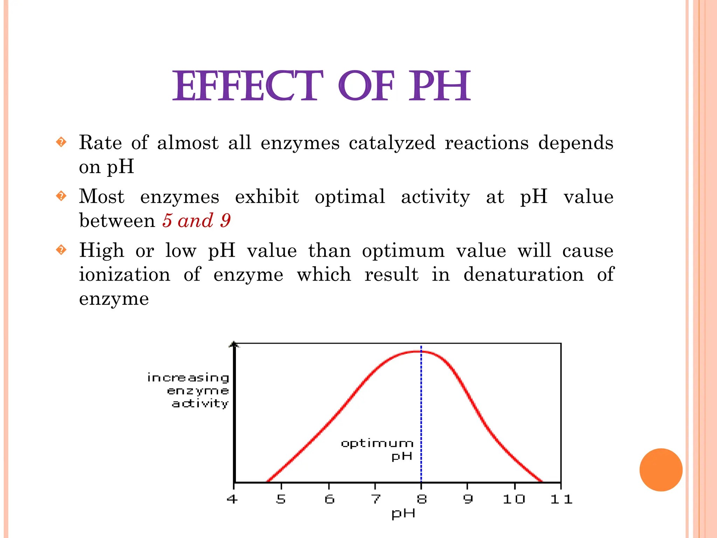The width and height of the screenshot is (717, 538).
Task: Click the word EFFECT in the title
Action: point(248,86)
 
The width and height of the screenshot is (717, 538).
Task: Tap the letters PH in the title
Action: point(440,86)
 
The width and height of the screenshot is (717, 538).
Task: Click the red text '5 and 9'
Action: point(196,221)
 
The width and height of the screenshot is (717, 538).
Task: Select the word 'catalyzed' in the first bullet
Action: point(392,143)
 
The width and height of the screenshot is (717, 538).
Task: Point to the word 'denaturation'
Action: point(523,274)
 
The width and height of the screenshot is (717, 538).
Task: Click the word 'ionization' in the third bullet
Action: point(125,274)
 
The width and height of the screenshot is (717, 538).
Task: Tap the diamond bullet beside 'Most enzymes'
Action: point(61,196)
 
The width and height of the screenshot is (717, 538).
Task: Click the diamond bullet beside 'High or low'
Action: point(61,250)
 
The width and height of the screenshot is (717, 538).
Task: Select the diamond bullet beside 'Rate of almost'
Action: point(61,142)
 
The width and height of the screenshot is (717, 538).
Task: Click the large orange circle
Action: point(661,470)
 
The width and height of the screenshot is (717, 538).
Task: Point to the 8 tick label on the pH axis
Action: point(422,499)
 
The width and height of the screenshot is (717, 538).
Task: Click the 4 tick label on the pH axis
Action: point(232,499)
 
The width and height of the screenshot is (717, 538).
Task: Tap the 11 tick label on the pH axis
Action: point(561,499)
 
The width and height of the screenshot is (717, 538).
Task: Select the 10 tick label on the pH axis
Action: point(514,499)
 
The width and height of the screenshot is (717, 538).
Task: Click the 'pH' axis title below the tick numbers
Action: point(403,513)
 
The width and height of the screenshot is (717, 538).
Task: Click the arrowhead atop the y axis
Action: point(234,345)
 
